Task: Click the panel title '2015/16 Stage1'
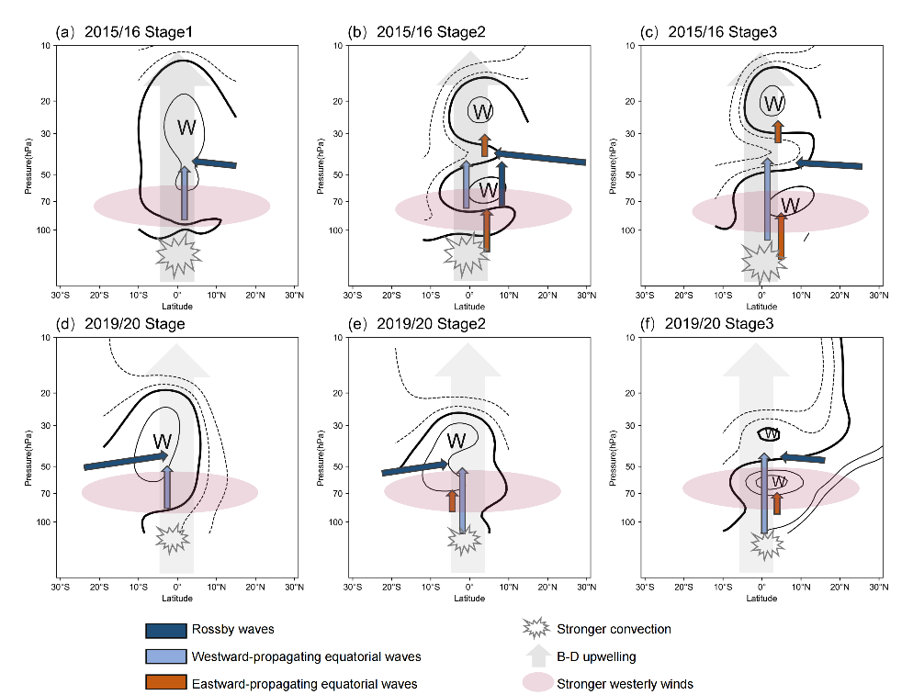(x=138, y=32)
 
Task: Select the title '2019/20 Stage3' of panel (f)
(x=719, y=324)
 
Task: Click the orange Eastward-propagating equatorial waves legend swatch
(x=166, y=682)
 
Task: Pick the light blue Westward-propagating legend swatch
(x=166, y=656)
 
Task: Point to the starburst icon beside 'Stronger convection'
(x=535, y=628)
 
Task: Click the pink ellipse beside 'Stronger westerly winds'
(x=538, y=682)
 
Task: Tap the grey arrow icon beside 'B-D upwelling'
(x=538, y=656)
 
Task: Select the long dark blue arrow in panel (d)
(x=126, y=460)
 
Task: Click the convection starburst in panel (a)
(x=179, y=253)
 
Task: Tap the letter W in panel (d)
(x=163, y=442)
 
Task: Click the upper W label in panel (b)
(x=483, y=111)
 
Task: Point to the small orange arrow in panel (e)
(x=452, y=500)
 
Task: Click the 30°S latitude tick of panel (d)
(x=60, y=587)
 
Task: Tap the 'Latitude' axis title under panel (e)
(x=469, y=599)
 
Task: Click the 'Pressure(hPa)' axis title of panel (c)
(x=612, y=166)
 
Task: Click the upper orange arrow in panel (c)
(x=778, y=131)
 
